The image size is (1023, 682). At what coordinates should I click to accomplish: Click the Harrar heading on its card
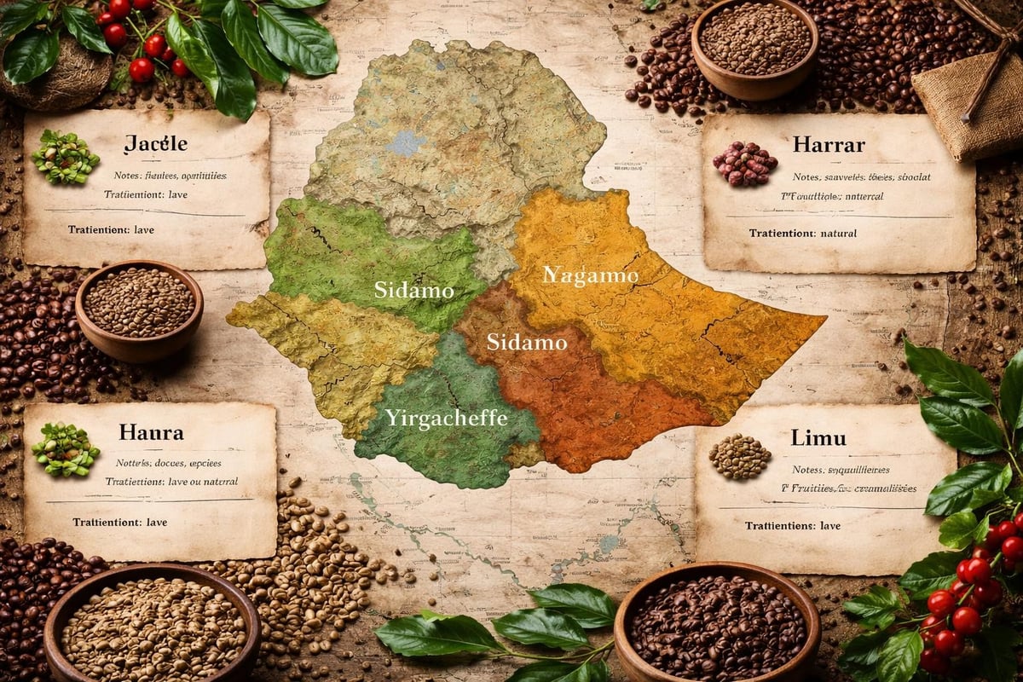click(x=828, y=142)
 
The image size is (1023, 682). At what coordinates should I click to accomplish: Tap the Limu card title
click(x=818, y=438)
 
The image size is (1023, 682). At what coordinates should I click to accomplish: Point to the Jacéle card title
click(x=154, y=143)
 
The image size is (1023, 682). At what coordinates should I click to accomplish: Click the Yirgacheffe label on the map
click(x=446, y=419)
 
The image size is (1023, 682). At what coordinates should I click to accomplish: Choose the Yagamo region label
click(x=591, y=275)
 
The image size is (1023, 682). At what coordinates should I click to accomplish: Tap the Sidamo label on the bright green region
click(x=413, y=290)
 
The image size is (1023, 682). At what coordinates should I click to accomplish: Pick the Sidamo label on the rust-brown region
click(x=527, y=343)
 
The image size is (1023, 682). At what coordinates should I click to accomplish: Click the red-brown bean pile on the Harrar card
click(x=744, y=164)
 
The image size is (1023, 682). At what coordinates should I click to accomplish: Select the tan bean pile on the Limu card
click(x=739, y=457)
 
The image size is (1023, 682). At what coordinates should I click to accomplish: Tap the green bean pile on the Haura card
click(x=66, y=449)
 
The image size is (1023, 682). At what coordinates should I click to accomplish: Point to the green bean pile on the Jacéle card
click(x=66, y=158)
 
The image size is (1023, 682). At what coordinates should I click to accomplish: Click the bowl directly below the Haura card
click(x=152, y=627)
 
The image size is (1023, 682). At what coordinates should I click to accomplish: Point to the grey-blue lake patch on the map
click(x=405, y=142)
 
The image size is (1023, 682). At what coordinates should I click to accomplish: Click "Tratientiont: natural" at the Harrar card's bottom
click(x=802, y=233)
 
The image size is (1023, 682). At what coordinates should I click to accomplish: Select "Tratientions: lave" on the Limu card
click(x=793, y=526)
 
